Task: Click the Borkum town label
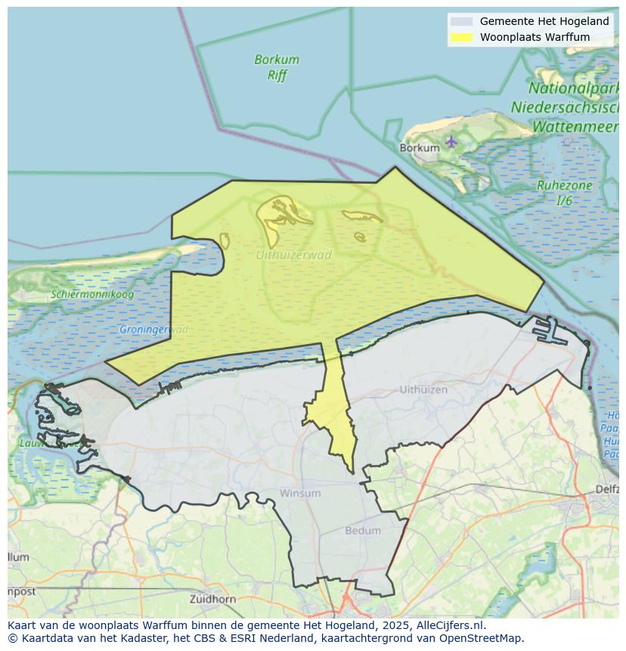tap(419, 148)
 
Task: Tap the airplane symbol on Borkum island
tap(451, 141)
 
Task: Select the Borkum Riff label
tap(277, 67)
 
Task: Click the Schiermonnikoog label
tap(92, 294)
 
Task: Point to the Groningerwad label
tap(153, 330)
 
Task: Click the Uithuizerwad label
tap(293, 255)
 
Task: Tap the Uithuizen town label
tap(423, 389)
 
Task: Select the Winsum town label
tap(300, 493)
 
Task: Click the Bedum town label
tap(363, 531)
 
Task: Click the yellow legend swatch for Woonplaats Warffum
tap(461, 36)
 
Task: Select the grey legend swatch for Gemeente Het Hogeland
tap(461, 21)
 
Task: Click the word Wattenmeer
tap(575, 126)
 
